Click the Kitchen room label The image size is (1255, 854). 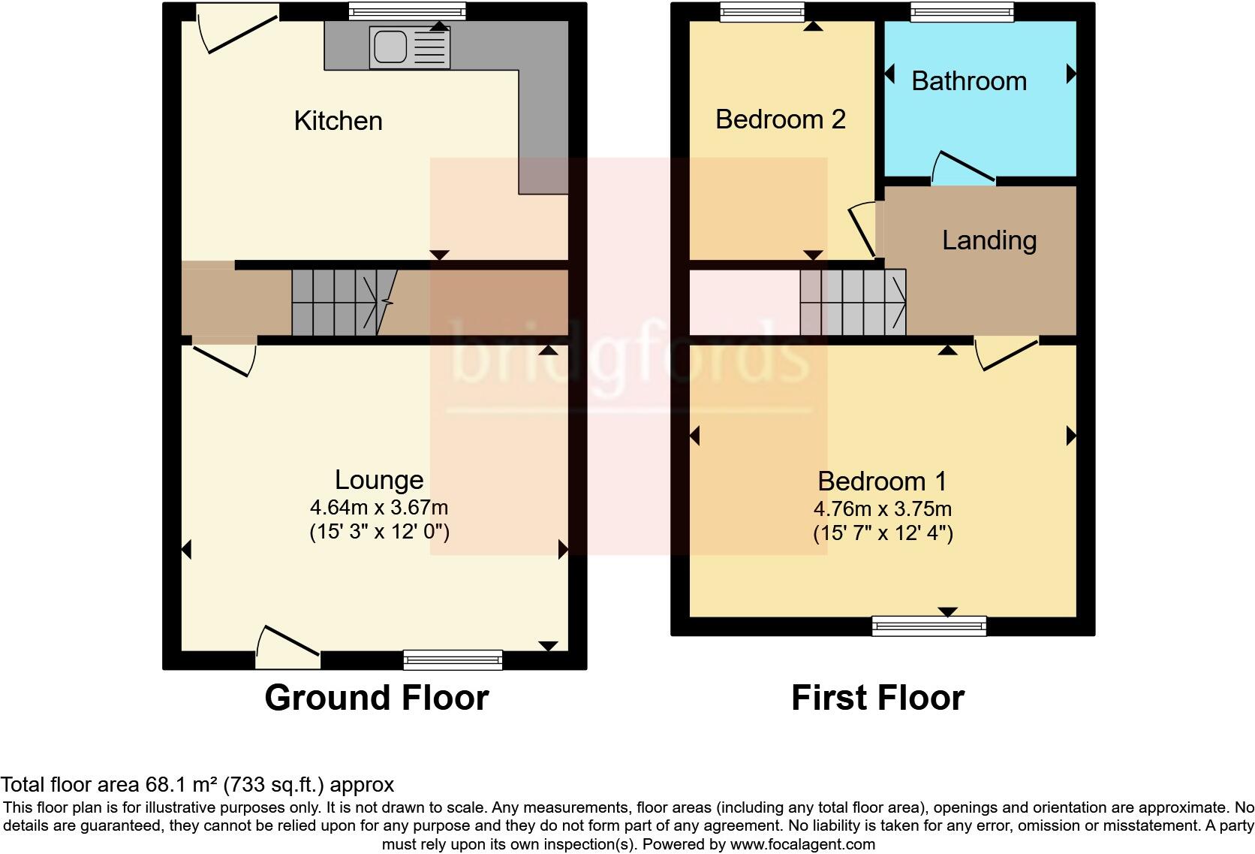(338, 121)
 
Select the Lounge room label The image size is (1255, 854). (379, 480)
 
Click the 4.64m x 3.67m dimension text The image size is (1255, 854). (379, 508)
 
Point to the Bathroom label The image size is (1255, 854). (968, 81)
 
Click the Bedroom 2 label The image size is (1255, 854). (780, 119)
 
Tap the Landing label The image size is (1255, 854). (989, 240)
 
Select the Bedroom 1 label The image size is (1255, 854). (882, 481)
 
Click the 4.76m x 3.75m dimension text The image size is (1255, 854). (883, 509)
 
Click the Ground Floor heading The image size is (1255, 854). (376, 698)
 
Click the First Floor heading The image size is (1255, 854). (877, 698)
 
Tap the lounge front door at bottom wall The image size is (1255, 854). (289, 647)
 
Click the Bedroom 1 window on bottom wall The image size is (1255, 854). (928, 626)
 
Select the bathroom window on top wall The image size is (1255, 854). (962, 11)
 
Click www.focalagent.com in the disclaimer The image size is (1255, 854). (802, 844)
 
